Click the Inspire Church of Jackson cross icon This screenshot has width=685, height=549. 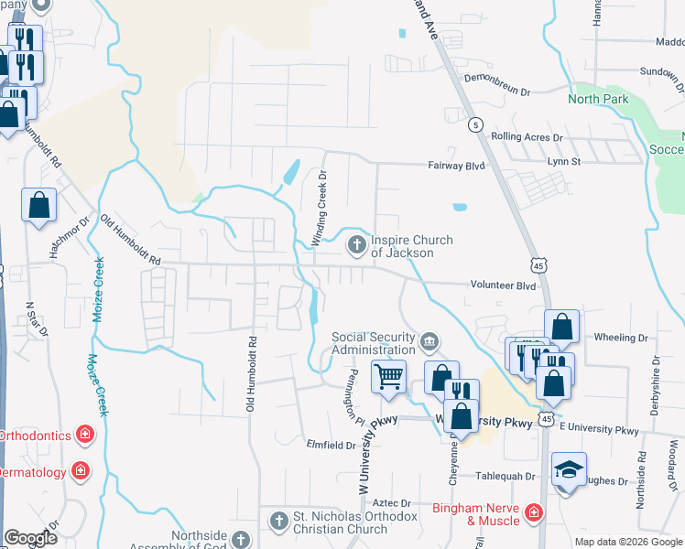[x=356, y=246]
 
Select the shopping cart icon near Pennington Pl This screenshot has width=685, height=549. [x=389, y=375]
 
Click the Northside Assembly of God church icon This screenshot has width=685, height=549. [x=240, y=540]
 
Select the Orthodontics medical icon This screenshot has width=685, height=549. [x=84, y=434]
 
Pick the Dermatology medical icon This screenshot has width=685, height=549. [x=81, y=471]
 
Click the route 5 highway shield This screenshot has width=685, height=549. [x=474, y=124]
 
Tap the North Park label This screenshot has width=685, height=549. [x=598, y=99]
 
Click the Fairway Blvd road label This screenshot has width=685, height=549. [x=456, y=166]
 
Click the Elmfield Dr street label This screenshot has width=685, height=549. [x=330, y=445]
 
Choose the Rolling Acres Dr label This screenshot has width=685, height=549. [x=527, y=137]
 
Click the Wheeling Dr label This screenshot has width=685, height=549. [x=621, y=338]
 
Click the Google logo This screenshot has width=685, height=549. [x=31, y=538]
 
